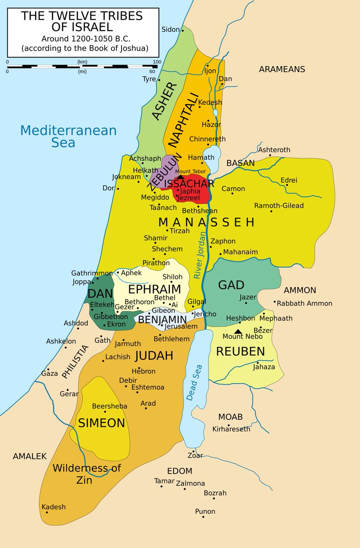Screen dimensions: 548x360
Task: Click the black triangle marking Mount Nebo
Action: [238, 331]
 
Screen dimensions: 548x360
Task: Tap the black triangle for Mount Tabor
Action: [180, 177]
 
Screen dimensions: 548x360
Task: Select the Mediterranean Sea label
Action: [69, 136]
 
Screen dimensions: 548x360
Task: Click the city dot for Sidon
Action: [183, 31]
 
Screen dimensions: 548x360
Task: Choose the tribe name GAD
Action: [231, 285]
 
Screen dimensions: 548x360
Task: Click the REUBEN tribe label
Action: [240, 351]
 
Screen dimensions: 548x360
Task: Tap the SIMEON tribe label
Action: [101, 423]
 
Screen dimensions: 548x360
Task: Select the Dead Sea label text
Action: [194, 383]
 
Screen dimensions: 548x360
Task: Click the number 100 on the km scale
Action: [157, 62]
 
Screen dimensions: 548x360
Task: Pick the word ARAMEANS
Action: [282, 69]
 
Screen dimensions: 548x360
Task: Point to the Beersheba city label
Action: [109, 406]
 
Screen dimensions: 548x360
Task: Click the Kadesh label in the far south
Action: [53, 507]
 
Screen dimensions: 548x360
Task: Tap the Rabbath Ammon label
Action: [305, 303]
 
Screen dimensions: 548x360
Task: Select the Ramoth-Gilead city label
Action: [279, 205]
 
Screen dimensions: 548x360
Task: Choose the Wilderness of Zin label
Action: [86, 474]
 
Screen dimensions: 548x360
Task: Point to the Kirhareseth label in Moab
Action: [231, 429]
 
